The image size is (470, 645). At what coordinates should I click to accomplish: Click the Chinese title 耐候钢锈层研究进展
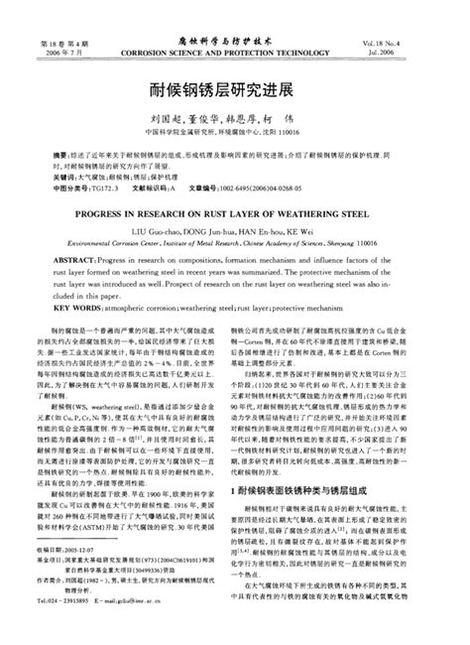point(234,87)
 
